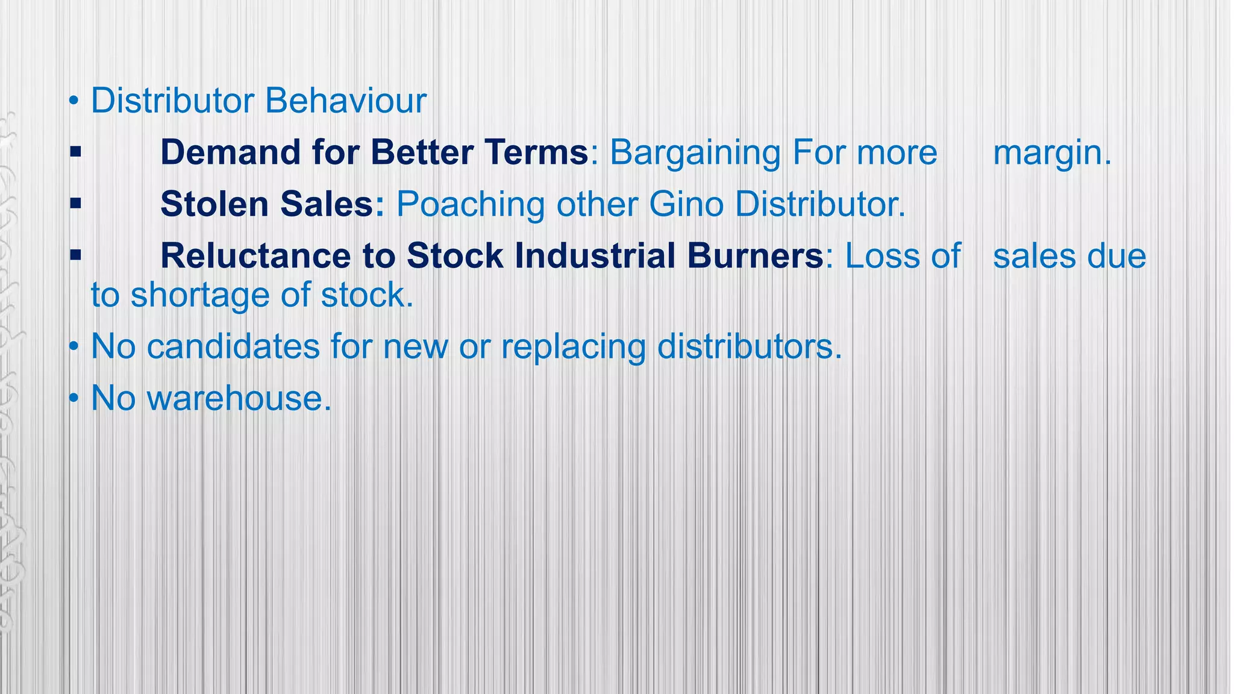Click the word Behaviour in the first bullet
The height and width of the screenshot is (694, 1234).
click(345, 101)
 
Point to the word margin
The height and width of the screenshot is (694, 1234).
click(1051, 153)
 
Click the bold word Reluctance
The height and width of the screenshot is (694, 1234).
click(255, 255)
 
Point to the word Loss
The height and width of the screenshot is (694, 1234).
click(881, 255)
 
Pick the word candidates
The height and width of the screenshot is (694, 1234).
click(233, 347)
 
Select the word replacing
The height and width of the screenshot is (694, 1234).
click(572, 348)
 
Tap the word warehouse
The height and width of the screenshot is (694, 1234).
click(239, 399)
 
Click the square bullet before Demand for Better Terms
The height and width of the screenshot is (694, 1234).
click(75, 152)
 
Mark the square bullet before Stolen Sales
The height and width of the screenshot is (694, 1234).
click(75, 204)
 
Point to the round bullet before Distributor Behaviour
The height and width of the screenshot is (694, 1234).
click(74, 101)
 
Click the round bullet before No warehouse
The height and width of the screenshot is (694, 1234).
click(74, 399)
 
